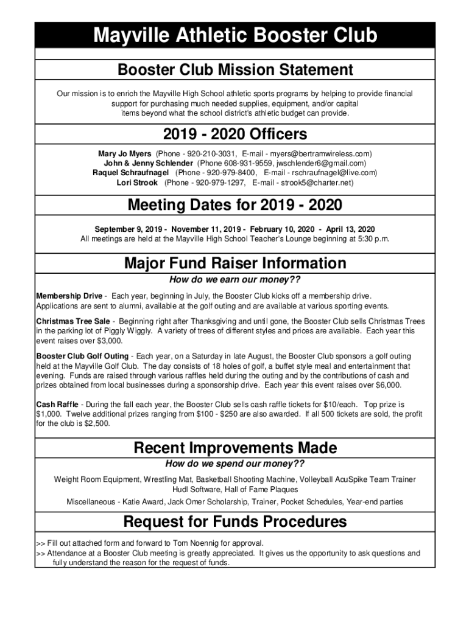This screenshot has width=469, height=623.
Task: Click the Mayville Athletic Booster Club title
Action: coord(234,36)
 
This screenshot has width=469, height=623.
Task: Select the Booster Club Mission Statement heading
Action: coord(234,69)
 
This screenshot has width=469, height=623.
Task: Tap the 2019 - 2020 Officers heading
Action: coord(234,133)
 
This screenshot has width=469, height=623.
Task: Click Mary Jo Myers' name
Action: coord(125,153)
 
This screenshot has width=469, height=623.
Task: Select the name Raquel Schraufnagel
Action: coord(130,173)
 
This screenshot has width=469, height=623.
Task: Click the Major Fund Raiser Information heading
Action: coord(234,263)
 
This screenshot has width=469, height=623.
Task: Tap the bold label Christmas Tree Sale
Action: coord(73,321)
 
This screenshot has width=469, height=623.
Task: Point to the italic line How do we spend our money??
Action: coord(234,465)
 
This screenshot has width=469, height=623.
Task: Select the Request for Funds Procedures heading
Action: coord(234,521)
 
